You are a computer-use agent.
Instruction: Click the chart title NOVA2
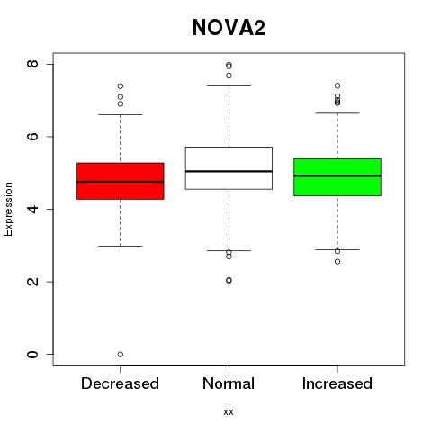click(229, 28)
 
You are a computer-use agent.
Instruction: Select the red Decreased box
click(121, 181)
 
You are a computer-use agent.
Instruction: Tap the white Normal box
click(229, 168)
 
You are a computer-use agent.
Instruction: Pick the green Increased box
click(337, 177)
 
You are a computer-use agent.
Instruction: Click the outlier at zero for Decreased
click(121, 355)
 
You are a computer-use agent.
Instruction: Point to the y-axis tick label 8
click(32, 64)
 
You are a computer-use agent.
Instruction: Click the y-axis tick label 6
click(32, 137)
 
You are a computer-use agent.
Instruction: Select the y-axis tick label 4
click(32, 209)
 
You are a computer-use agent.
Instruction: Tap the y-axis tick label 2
click(32, 282)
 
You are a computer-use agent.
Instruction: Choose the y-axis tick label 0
click(32, 355)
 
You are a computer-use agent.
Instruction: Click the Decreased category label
click(120, 383)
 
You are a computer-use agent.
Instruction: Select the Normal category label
click(229, 383)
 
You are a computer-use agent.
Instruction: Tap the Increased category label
click(337, 383)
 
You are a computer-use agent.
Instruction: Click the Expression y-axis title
click(8, 209)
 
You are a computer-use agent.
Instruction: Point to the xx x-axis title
click(229, 412)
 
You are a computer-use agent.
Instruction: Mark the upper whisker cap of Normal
click(229, 85)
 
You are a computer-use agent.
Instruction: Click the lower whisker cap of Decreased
click(121, 246)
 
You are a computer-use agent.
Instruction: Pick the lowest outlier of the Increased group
click(337, 262)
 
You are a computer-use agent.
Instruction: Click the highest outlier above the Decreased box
click(121, 86)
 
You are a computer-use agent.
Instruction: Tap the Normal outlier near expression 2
click(229, 280)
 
